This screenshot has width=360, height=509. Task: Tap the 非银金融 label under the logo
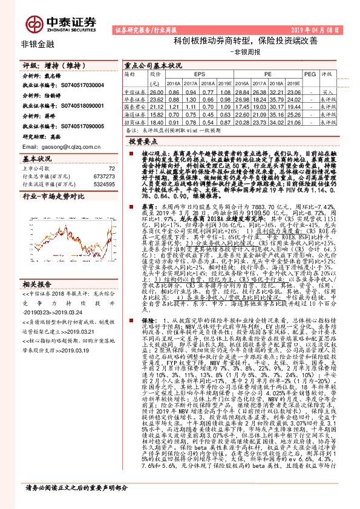[x=37, y=44]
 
